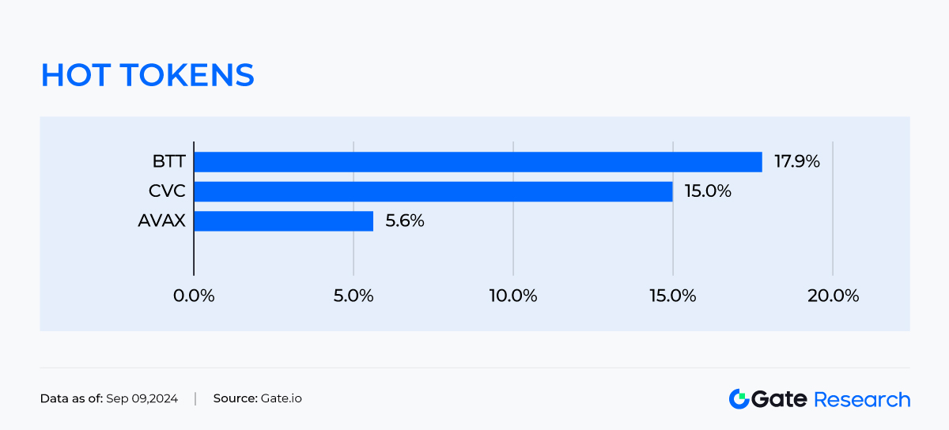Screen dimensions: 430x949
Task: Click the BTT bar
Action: click(x=478, y=162)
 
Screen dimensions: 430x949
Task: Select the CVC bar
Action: click(x=433, y=191)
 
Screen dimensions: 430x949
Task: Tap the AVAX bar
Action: click(x=283, y=221)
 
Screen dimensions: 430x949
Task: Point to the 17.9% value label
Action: click(x=797, y=162)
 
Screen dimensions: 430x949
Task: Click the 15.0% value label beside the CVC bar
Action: click(x=708, y=191)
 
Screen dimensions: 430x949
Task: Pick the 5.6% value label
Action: click(x=405, y=221)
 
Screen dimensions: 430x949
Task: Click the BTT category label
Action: click(x=169, y=162)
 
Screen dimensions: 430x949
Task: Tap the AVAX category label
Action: click(x=161, y=221)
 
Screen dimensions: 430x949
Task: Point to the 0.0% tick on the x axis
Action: click(x=194, y=296)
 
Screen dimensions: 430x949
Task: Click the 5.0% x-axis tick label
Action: click(x=354, y=296)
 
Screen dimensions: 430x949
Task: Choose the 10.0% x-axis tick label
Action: click(x=513, y=296)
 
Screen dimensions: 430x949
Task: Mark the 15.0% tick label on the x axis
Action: click(x=673, y=296)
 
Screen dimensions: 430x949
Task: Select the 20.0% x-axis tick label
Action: click(x=833, y=296)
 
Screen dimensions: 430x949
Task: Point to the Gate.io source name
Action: click(x=281, y=398)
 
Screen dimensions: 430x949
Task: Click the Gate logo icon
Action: click(x=739, y=399)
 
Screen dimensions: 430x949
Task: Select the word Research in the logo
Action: click(x=862, y=399)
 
